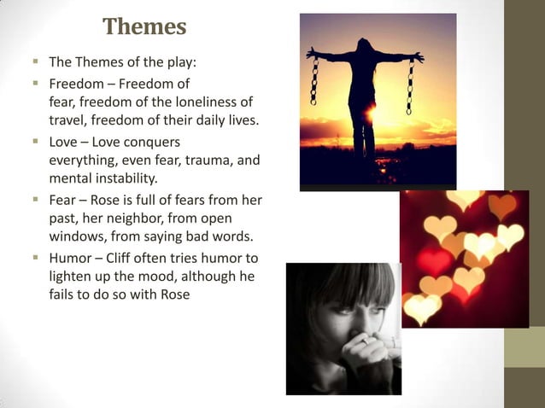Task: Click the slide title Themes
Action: point(144,27)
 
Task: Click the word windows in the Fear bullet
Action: point(74,236)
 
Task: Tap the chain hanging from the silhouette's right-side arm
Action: point(410,85)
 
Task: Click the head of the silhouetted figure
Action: point(364,47)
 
